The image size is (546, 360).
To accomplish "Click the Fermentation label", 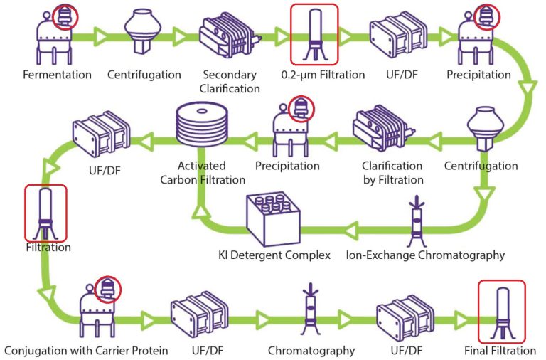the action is pos(57,75).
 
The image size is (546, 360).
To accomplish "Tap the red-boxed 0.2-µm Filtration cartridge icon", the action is pos(314,34).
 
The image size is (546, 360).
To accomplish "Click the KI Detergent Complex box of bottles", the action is pos(273,221).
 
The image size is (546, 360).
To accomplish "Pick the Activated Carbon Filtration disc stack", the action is pos(202,124).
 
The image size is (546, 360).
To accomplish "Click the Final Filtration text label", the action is pos(500,350).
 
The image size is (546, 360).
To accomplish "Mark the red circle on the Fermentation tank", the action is pos(65,17).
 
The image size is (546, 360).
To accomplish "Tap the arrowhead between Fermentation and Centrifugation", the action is pos(101,37).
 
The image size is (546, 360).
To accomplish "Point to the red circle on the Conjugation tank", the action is pos(107,289).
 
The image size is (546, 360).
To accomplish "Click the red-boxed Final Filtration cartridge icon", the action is pos(501,311).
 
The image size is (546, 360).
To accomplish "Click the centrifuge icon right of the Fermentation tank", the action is pos(143,32).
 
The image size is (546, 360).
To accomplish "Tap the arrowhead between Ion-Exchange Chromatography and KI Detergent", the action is pos(352,231).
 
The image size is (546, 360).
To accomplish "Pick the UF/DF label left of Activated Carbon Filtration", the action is pos(105,171).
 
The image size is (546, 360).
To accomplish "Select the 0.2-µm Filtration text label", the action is pos(323,75).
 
